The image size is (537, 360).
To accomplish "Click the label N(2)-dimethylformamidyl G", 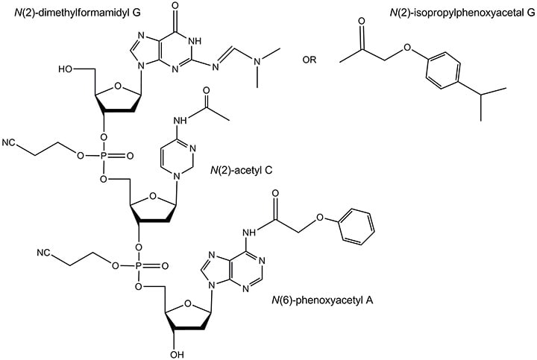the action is point(78,13).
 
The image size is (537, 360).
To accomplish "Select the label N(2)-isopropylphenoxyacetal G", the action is point(462,13).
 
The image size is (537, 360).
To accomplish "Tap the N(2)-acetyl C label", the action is point(242,170).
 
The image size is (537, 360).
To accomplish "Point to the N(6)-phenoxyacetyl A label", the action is point(323,300).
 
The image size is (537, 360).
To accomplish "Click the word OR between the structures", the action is point(310,60).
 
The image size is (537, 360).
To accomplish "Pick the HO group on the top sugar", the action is point(66,69).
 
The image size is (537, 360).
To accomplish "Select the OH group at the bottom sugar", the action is point(177,354).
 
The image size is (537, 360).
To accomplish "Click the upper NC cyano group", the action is point(10,142).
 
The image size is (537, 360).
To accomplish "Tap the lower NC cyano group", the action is point(45,253).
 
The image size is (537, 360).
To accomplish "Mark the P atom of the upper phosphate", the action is point(104,157).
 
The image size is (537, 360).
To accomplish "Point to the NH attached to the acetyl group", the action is point(181,121).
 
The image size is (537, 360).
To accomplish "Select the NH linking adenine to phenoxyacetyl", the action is point(249,233).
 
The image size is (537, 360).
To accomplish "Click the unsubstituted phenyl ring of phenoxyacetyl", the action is point(357,227).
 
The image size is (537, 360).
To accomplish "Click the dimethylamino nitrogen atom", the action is point(258,60).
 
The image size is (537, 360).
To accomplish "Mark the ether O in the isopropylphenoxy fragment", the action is point(406,47).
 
